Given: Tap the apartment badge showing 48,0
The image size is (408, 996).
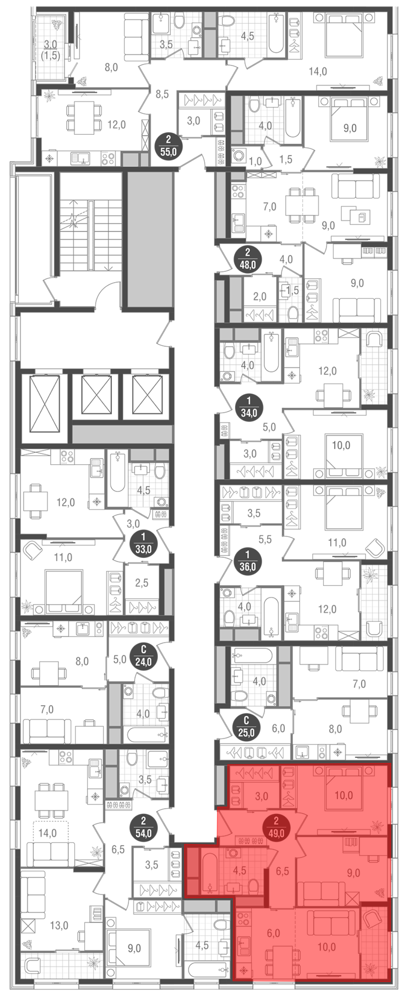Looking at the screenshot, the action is [x=247, y=259].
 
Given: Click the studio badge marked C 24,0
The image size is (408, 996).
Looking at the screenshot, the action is [x=143, y=655].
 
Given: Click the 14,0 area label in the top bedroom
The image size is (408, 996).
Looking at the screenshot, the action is [x=318, y=71].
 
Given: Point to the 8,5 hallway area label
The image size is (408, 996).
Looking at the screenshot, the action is [x=162, y=94].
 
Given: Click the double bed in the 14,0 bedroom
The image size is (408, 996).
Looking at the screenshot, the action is [x=344, y=35].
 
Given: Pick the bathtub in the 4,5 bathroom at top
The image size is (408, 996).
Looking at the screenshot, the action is [x=276, y=33].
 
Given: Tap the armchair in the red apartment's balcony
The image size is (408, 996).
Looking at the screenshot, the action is [x=372, y=898].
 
